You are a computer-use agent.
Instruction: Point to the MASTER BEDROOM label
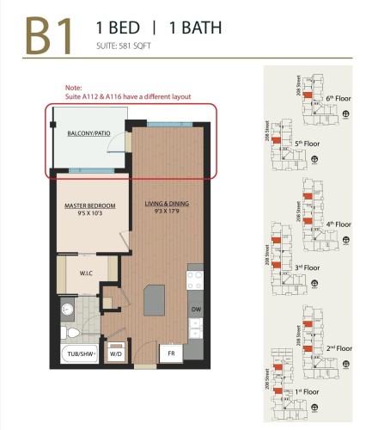[88, 206]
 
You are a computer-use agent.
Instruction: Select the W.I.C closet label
[86, 274]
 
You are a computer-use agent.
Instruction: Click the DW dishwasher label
[196, 309]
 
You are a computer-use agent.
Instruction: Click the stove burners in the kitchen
[195, 281]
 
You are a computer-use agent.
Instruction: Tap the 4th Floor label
[337, 224]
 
